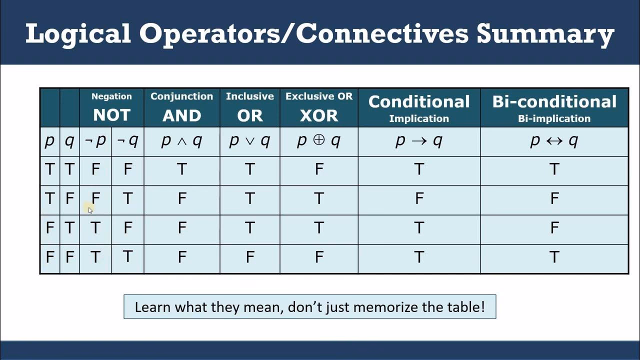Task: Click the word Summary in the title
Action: pyautogui.click(x=545, y=34)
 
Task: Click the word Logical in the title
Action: pyautogui.click(x=78, y=34)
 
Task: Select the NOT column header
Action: pyautogui.click(x=111, y=115)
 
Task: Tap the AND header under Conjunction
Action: pyautogui.click(x=181, y=115)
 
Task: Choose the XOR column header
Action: pyautogui.click(x=318, y=115)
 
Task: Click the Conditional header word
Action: pyautogui.click(x=419, y=101)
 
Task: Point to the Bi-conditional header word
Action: pyautogui.click(x=554, y=101)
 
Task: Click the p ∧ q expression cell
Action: pyautogui.click(x=181, y=141)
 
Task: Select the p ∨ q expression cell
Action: pyautogui.click(x=249, y=141)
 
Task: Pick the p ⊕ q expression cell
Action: pyautogui.click(x=318, y=141)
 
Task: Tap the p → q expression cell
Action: pyautogui.click(x=419, y=141)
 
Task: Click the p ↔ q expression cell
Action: pyautogui.click(x=554, y=141)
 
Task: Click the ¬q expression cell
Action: pyautogui.click(x=127, y=141)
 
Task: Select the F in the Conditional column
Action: pyautogui.click(x=419, y=199)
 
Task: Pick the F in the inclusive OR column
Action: pyautogui.click(x=249, y=257)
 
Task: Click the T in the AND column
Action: pyautogui.click(x=181, y=169)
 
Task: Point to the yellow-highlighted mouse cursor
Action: pyautogui.click(x=89, y=208)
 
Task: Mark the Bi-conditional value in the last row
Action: pyautogui.click(x=554, y=257)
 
